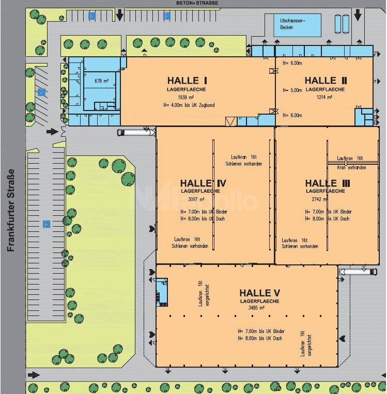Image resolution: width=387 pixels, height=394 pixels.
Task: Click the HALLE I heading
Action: coord(187,81)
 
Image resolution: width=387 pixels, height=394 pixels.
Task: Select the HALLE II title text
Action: coord(326,81)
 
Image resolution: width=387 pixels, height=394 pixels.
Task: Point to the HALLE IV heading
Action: coord(203,183)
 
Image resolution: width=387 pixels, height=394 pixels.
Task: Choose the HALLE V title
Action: coord(260,293)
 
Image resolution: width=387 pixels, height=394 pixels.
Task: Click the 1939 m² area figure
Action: coord(186,97)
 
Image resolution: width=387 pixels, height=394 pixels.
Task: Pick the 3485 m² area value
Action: coord(256,308)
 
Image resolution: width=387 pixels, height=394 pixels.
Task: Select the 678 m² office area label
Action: coord(101,82)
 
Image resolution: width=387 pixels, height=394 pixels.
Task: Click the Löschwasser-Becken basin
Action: coord(297,24)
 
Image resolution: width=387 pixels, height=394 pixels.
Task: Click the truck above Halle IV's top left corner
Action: coord(136,133)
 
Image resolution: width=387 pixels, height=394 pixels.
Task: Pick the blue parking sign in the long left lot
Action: coord(46,224)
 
